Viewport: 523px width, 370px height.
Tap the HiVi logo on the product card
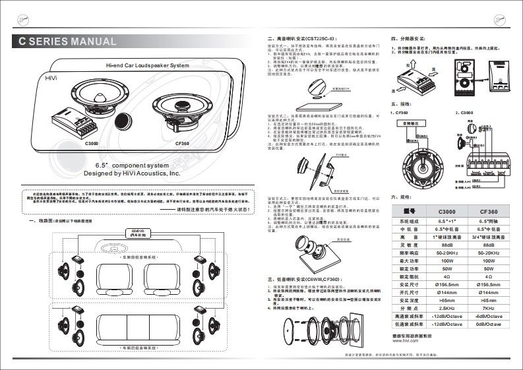(x=51, y=78)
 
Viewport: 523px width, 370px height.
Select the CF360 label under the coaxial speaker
(x=182, y=142)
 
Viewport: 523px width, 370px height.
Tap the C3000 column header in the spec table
(x=446, y=210)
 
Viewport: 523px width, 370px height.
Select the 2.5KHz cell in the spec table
(x=446, y=307)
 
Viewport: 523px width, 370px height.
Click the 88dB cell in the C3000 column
(x=446, y=243)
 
